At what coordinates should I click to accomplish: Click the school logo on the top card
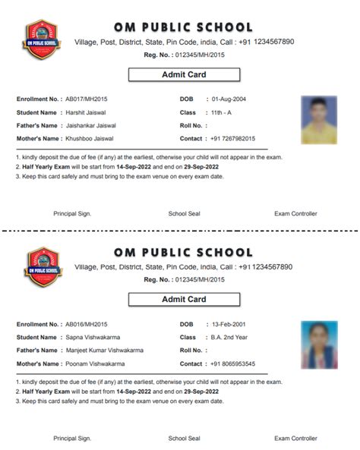(43, 41)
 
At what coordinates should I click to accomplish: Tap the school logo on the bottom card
(43, 266)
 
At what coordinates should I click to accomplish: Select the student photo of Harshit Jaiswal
(319, 119)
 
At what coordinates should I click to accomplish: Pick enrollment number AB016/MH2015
(87, 325)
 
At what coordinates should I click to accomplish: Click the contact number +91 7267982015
(233, 139)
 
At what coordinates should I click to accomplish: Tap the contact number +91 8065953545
(233, 363)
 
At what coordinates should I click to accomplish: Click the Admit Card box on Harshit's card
(184, 75)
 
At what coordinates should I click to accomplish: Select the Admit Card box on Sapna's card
(184, 300)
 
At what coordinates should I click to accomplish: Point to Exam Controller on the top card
(295, 214)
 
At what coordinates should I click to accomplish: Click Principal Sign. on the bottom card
(72, 439)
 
